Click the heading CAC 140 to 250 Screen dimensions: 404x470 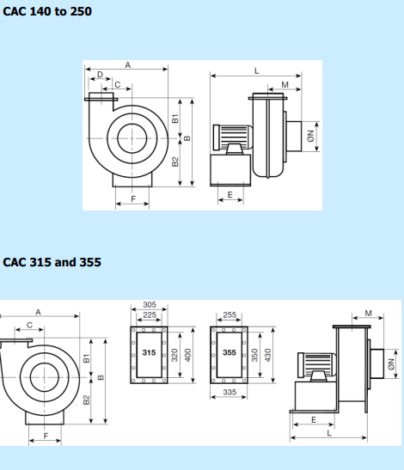[47, 11]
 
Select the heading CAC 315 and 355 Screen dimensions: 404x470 [52, 262]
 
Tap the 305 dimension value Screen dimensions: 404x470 [150, 304]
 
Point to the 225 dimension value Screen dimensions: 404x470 [150, 315]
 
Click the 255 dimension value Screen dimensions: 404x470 [230, 315]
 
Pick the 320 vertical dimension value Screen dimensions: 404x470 [174, 355]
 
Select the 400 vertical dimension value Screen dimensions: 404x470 [187, 355]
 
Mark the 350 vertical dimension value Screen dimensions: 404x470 [254, 355]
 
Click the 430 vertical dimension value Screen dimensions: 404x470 [267, 355]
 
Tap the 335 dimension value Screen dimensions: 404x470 [230, 392]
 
